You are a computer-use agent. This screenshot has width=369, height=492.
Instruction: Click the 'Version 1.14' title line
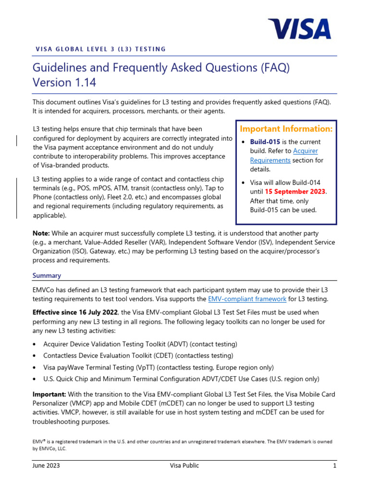click(x=64, y=83)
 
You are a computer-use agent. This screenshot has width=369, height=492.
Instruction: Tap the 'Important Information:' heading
click(x=286, y=129)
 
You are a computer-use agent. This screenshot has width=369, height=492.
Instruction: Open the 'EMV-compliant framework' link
click(x=247, y=299)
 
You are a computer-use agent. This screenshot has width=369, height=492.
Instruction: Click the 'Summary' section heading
click(x=47, y=276)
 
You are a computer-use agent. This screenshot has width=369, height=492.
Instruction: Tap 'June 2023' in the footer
click(x=46, y=466)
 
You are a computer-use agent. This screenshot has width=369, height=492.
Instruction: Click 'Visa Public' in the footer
click(x=184, y=466)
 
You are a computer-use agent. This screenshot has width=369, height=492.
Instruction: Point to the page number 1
click(x=334, y=466)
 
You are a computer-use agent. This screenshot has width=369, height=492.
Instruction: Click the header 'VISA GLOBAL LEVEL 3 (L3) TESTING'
click(x=101, y=49)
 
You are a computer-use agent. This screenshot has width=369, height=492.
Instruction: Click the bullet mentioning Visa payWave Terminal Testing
click(x=159, y=367)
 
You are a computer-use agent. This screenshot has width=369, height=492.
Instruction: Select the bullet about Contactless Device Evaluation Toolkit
click(x=138, y=356)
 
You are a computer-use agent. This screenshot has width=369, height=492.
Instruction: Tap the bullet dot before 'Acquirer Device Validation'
click(x=35, y=344)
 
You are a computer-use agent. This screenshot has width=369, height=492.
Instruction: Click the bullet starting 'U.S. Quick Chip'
click(x=181, y=379)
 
